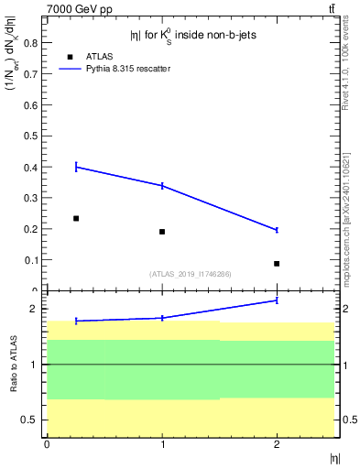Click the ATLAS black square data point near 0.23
tap(76, 218)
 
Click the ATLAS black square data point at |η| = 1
tap(162, 232)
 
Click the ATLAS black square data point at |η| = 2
tap(277, 264)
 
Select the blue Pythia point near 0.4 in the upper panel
tap(76, 167)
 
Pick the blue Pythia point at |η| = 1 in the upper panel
tap(162, 186)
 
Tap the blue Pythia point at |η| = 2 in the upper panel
tap(277, 230)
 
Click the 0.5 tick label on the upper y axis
tap(30, 136)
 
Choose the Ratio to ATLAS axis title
tap(12, 364)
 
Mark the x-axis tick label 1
tap(162, 444)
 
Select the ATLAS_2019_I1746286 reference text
tap(190, 274)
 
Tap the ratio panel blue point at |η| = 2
tap(277, 300)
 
